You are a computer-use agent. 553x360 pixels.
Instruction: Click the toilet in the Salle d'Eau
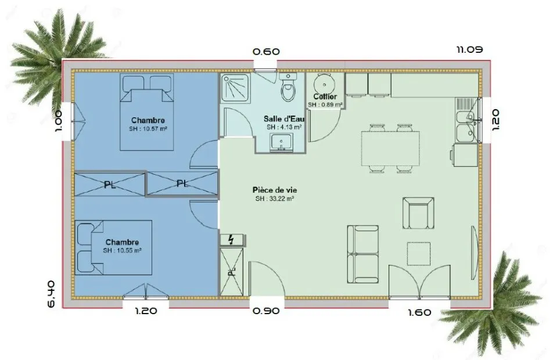[x=289, y=88]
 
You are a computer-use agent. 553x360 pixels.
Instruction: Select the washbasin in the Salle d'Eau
[x=281, y=142]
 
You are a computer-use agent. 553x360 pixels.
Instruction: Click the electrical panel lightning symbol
[x=231, y=240]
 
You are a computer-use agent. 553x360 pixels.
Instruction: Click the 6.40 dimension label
[x=51, y=294]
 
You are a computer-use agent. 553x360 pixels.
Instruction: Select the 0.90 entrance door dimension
[x=266, y=311]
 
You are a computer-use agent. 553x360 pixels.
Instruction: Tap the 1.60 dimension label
[x=419, y=312]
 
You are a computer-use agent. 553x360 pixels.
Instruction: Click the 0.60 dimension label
[x=266, y=52]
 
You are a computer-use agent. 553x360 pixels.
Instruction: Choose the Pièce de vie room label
[x=275, y=190]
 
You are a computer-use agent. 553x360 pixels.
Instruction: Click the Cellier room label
[x=325, y=96]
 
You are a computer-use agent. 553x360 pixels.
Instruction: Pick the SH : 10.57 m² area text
[x=148, y=129]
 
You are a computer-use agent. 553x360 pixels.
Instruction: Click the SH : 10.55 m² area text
[x=123, y=250]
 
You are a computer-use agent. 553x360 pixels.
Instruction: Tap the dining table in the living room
[x=390, y=149]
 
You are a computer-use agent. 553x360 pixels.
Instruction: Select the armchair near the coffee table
[x=418, y=213]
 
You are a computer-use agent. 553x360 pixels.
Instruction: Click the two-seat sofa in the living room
[x=363, y=254]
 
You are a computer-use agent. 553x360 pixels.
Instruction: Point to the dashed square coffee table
[x=419, y=254]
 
